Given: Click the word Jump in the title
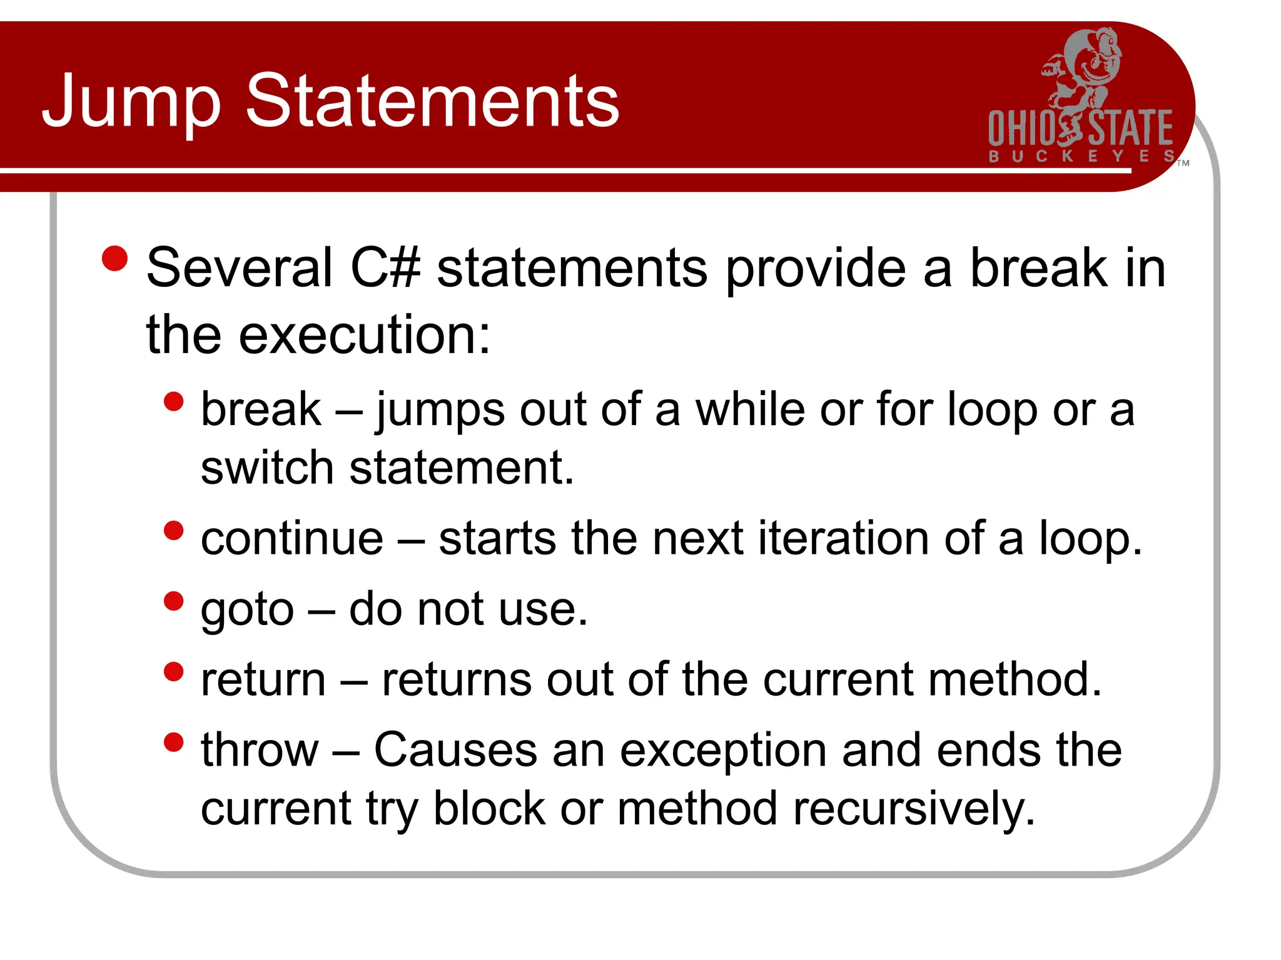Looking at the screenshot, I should coord(131,101).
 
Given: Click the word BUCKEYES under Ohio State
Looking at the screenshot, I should coord(1081,156).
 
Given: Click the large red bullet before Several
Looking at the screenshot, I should coord(114,259).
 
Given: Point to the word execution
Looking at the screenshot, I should coord(364,335).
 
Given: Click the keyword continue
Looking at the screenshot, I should coord(291,538).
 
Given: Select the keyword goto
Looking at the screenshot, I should coord(247,609).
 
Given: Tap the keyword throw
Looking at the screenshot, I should coord(260,749).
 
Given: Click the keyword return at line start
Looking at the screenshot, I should coord(263,679).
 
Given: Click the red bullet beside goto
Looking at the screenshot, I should coord(173,601).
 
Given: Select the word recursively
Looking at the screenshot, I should coord(914,808).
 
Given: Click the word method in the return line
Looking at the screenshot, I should coord(1014,679).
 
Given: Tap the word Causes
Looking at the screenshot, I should coord(455,749).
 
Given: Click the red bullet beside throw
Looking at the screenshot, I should coord(173,742).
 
